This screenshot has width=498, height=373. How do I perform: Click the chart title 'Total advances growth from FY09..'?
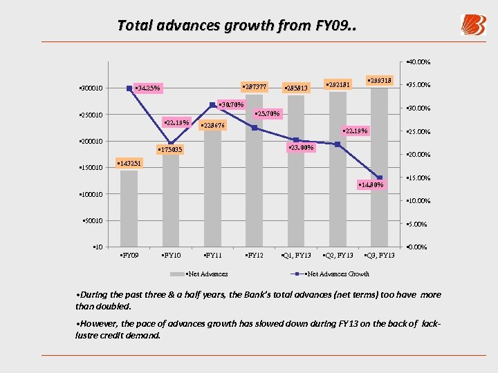pos(237,26)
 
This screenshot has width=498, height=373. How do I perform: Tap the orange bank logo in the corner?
pos(473,25)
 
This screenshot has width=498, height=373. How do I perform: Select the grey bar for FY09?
pos(129,207)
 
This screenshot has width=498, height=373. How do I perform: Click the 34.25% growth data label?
pos(149,88)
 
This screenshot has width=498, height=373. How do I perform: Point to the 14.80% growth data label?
pos(376,184)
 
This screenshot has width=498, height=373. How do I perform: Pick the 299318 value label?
pos(379,81)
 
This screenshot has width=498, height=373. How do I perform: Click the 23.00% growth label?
pos(300,147)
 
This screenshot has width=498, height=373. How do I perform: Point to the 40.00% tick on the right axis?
pos(419,61)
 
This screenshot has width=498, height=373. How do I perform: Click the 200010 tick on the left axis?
pos(89,142)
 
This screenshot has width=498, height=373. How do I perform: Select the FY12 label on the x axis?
pos(255,256)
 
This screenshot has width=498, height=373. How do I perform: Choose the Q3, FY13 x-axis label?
pos(380,256)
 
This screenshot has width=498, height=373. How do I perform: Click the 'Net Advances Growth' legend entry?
pos(335,274)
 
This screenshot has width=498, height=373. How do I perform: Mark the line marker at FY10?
pos(171,143)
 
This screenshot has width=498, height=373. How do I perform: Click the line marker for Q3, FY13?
pos(379,178)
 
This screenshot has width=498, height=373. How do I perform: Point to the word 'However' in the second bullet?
pos(95,323)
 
